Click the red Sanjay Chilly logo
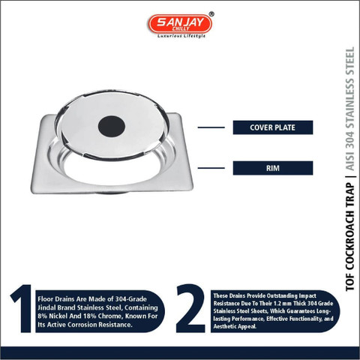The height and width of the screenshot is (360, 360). pyautogui.click(x=180, y=24)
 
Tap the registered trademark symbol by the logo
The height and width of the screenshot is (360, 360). pyautogui.click(x=211, y=14)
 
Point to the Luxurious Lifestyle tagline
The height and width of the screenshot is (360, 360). pyautogui.click(x=181, y=36)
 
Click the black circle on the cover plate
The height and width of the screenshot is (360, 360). pyautogui.click(x=112, y=127)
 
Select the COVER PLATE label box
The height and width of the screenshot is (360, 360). pyautogui.click(x=273, y=127)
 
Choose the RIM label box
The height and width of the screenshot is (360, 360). pyautogui.click(x=273, y=168)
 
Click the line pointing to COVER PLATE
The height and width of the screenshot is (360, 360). pyautogui.click(x=211, y=127)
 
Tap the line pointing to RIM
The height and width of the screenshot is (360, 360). pyautogui.click(x=211, y=168)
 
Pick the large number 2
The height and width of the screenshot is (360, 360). pyautogui.click(x=190, y=308)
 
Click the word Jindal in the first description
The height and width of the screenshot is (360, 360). pyautogui.click(x=46, y=307)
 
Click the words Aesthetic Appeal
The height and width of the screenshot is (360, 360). pyautogui.click(x=235, y=326)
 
